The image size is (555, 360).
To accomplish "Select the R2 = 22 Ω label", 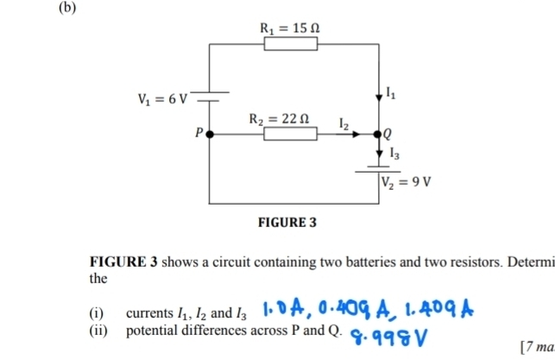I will tap(281, 117).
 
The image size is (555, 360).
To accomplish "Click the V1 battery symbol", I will tap(210, 93).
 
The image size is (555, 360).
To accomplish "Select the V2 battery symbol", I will tap(381, 167).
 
